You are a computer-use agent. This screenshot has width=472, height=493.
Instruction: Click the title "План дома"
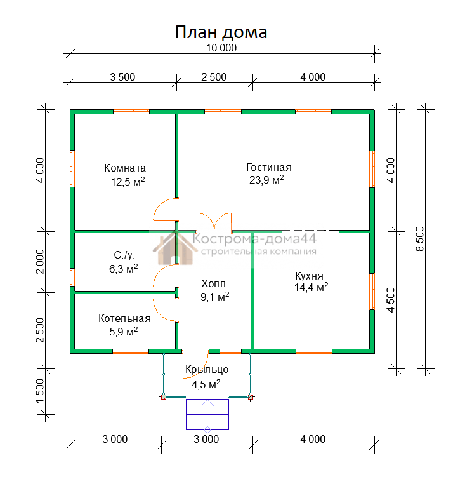[221, 32]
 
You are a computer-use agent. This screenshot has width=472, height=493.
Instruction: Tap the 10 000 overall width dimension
[221, 48]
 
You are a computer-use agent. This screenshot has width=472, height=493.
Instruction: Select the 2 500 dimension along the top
[214, 77]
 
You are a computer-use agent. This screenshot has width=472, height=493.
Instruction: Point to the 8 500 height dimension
[420, 239]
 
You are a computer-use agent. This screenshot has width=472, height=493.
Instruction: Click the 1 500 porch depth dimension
[40, 391]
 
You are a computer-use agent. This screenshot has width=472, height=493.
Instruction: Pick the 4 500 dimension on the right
[390, 300]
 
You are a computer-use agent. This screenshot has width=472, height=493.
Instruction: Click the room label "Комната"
[125, 168]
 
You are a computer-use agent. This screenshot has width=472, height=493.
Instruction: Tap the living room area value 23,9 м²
[266, 180]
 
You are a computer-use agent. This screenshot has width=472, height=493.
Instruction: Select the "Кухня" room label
[310, 276]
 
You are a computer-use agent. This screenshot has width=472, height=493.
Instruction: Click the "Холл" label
[214, 283]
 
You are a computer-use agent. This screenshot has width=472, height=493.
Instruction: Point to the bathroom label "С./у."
[124, 255]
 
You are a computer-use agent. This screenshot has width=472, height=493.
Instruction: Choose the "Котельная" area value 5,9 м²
[124, 332]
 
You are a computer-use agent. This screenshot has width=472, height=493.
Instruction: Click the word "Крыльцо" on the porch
[207, 370]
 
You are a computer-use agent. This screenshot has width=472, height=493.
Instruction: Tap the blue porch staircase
[207, 414]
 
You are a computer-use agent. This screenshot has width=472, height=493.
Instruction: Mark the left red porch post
[163, 397]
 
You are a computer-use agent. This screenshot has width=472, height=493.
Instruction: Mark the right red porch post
[251, 397]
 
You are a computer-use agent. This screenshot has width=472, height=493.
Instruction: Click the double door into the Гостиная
[214, 222]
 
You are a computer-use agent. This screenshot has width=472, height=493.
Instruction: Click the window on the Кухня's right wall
[372, 292]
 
